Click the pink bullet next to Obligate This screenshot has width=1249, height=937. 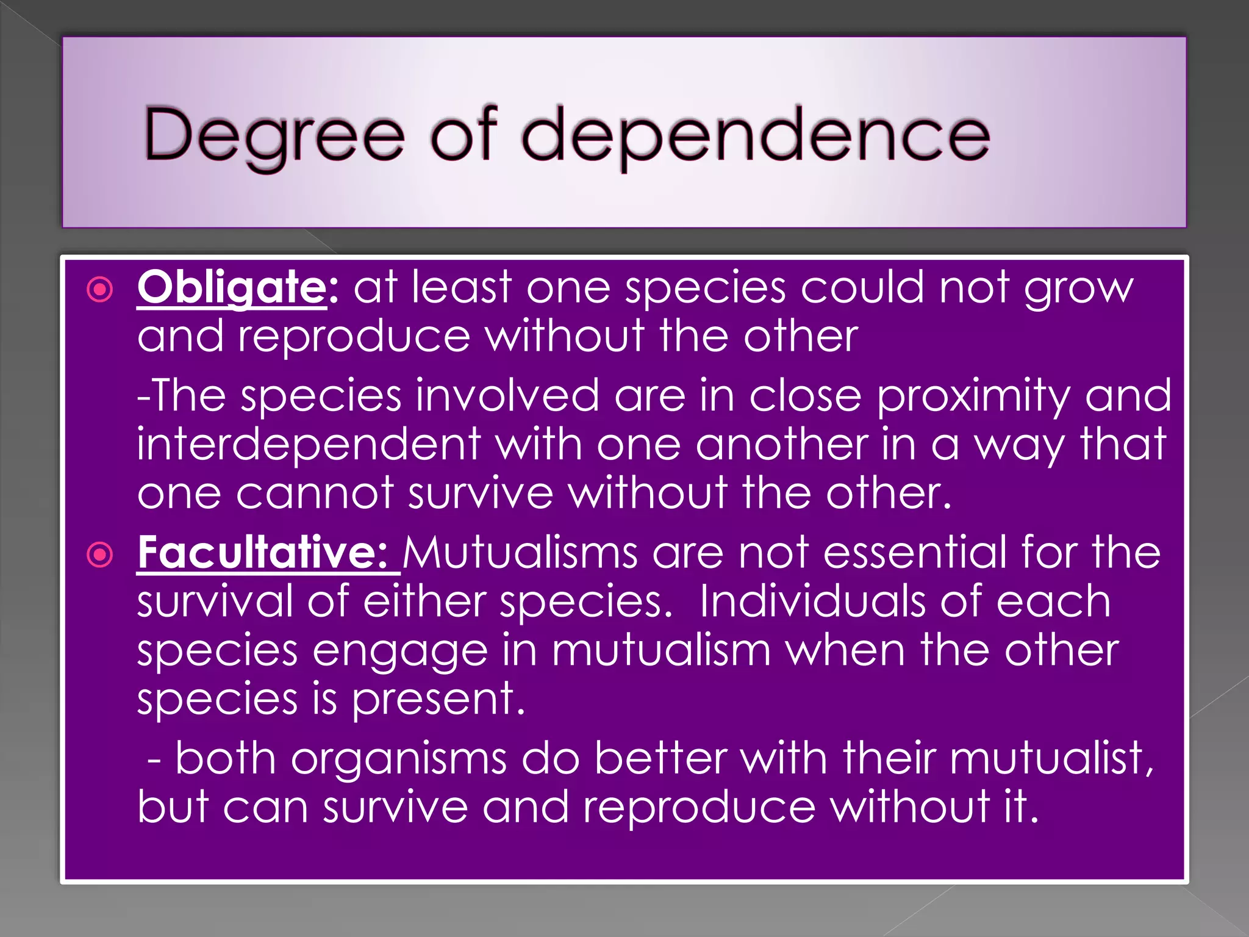point(101,290)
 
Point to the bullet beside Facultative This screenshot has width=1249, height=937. point(101,555)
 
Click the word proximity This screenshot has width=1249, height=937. point(973,395)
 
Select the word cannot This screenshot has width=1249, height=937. point(315,493)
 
